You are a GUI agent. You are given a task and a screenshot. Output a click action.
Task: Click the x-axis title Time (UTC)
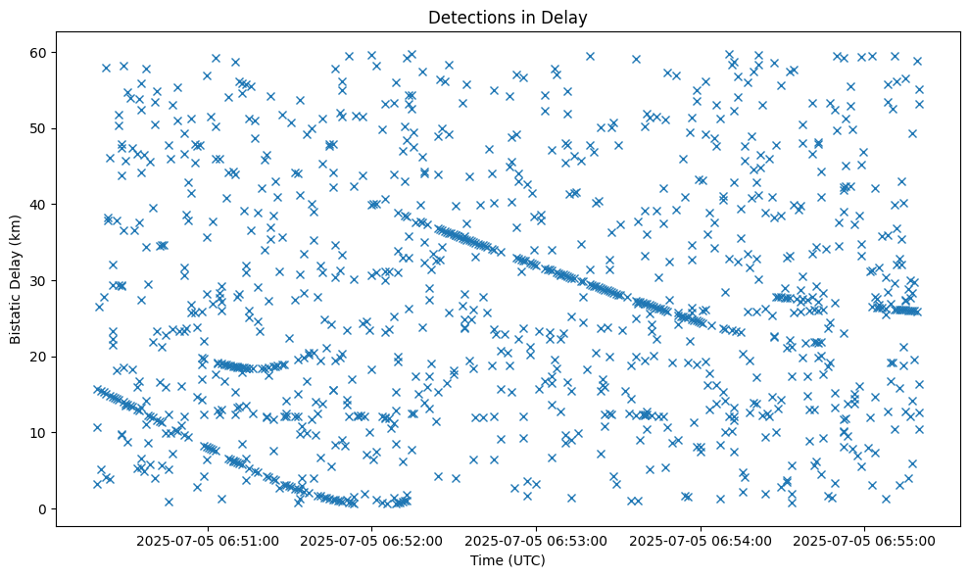tap(508, 561)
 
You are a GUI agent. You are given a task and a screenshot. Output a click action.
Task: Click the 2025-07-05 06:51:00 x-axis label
tap(208, 540)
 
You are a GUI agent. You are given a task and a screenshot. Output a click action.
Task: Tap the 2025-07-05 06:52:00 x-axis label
tap(372, 540)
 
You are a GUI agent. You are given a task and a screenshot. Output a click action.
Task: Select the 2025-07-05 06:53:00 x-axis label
tap(537, 540)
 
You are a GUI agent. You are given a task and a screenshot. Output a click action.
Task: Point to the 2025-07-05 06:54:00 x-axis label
tap(702, 540)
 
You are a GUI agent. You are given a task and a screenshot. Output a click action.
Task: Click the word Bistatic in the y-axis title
tap(16, 319)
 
